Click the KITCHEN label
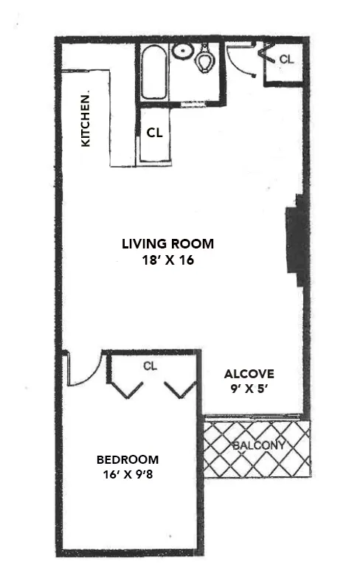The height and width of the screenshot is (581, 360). coord(86,119)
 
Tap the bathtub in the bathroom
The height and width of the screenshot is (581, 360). coord(153,73)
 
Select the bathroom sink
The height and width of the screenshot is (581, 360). coord(182,51)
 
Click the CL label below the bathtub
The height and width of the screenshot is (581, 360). coord(154,133)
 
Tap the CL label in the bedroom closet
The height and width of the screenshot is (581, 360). coord(150,366)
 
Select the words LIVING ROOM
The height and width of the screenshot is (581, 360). coord(168,244)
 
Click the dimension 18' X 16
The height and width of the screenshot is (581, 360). coord(168,260)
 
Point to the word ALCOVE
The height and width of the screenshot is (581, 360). coord(249,373)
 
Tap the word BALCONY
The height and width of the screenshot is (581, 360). coord(257,446)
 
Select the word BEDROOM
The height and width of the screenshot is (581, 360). coord(129,459)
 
